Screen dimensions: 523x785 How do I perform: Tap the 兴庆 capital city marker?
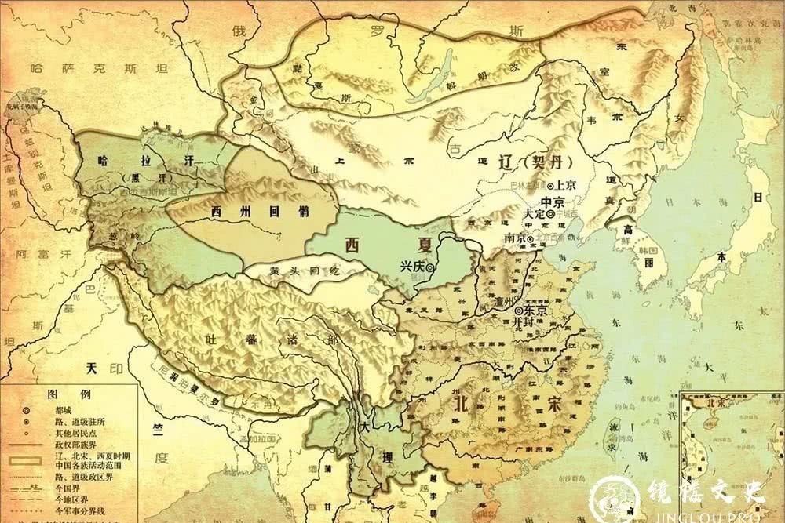click(429, 268)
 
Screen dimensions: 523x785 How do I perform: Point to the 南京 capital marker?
click(531, 238)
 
